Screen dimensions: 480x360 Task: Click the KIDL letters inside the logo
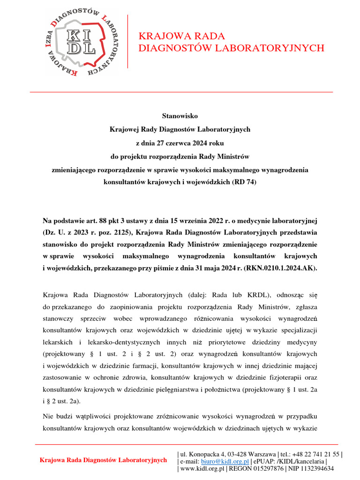(x=81, y=41)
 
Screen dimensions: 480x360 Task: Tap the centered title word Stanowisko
(x=180, y=115)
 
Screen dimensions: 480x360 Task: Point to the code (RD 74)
(x=244, y=182)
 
